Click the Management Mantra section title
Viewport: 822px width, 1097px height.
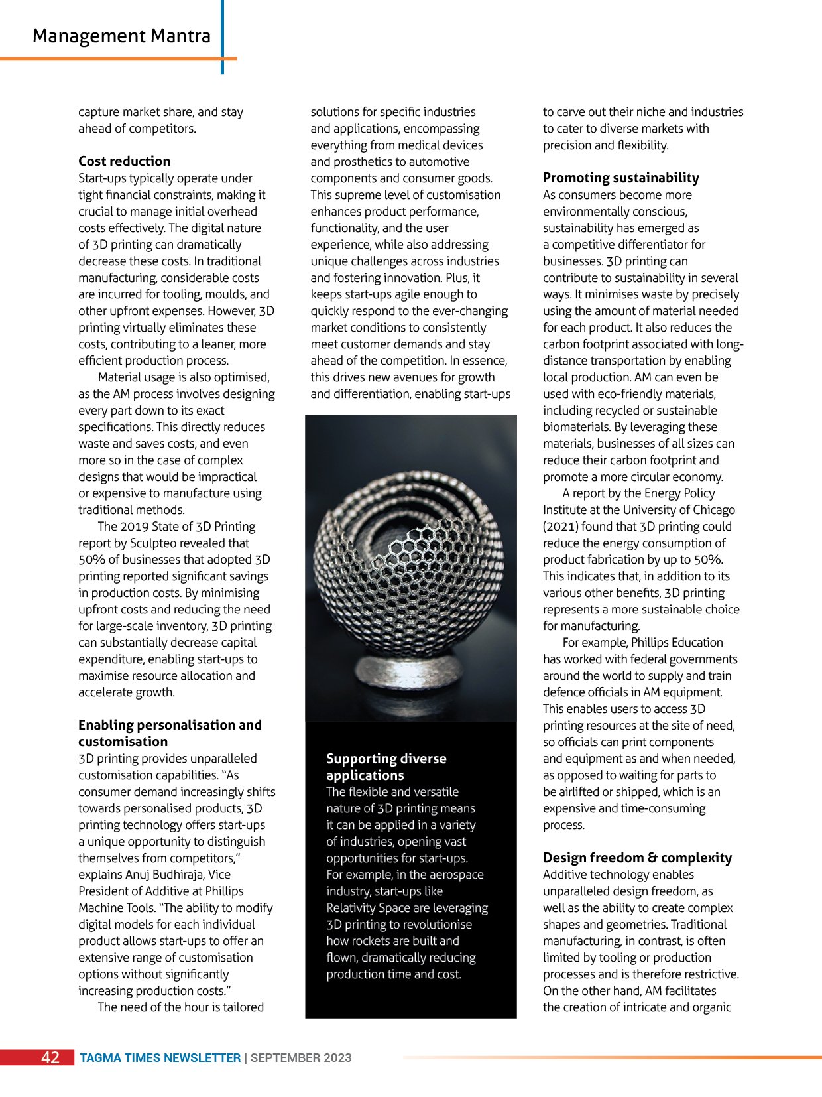121,36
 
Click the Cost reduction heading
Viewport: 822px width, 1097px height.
124,161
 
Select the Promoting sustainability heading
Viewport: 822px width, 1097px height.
620,178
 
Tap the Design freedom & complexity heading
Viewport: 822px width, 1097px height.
637,858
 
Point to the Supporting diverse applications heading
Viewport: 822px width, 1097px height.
386,767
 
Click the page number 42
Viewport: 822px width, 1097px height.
50,1058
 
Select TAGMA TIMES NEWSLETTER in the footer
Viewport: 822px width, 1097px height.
160,1058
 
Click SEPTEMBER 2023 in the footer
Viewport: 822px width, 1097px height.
301,1058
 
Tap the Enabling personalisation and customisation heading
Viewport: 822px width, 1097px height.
170,733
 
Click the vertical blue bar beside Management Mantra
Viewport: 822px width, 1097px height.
222,36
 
